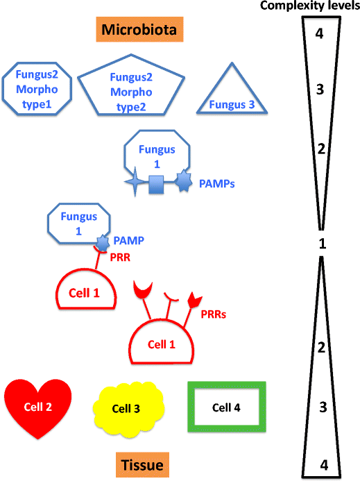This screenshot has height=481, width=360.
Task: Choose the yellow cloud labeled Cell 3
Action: pos(128,408)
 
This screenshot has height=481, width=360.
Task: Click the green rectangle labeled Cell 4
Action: pos(226,407)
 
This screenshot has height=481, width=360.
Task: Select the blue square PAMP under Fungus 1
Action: pos(157,184)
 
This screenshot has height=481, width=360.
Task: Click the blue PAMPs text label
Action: pos(216,185)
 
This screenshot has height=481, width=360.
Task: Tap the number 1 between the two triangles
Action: pos(321,244)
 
